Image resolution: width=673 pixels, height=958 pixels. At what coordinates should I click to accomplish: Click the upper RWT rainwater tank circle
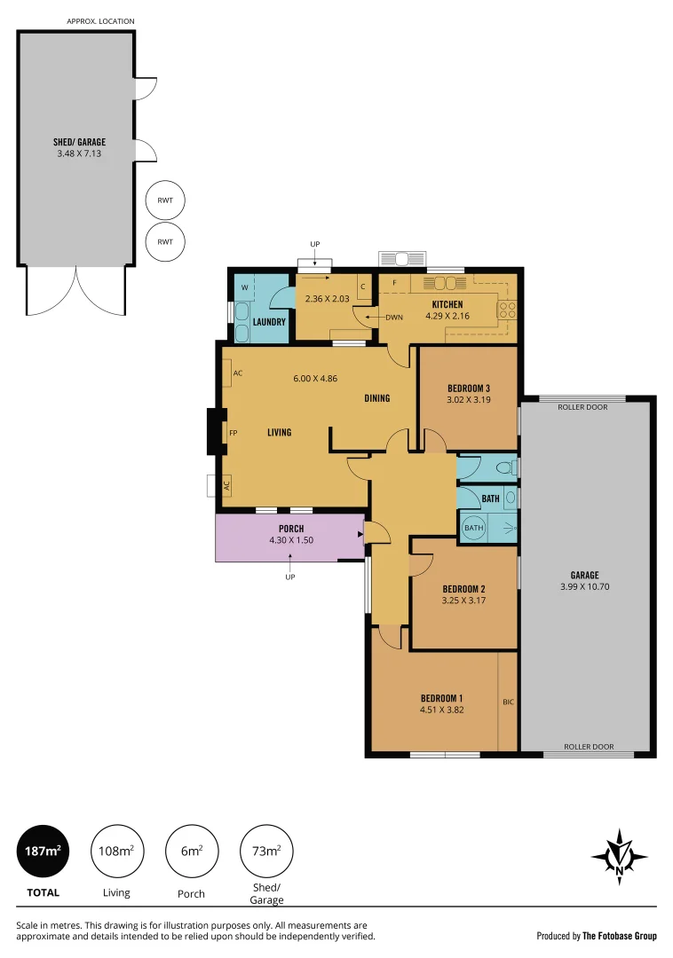tap(165, 200)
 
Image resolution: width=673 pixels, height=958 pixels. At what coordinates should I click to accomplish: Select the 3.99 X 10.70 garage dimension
tap(584, 586)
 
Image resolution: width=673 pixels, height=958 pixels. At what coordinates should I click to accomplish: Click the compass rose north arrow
tap(619, 858)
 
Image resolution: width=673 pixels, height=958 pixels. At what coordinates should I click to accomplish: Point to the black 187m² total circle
tap(43, 851)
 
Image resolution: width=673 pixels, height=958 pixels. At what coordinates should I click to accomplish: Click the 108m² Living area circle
tap(116, 851)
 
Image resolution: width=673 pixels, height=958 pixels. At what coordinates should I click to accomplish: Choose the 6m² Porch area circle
tap(191, 851)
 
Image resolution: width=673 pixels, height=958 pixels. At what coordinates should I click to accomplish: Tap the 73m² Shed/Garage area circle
tap(266, 851)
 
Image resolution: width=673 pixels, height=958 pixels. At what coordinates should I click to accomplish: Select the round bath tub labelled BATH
tap(474, 529)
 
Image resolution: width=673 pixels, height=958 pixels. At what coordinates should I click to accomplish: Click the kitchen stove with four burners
tap(509, 310)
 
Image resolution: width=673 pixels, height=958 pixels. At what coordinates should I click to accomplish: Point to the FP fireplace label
tap(234, 433)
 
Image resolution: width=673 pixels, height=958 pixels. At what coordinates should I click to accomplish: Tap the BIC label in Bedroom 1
tap(508, 703)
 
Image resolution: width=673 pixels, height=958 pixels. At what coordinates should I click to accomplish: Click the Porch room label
tap(291, 529)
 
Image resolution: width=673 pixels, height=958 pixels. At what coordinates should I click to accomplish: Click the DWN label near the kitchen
tap(394, 317)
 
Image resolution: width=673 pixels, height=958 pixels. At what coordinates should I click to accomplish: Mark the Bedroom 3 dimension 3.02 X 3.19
tap(468, 400)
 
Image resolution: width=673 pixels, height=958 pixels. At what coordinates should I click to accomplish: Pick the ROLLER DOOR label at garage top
tap(582, 407)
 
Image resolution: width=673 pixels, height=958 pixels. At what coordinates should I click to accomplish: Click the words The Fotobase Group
tap(620, 936)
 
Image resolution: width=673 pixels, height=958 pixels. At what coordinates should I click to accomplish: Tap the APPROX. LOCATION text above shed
tap(101, 20)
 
